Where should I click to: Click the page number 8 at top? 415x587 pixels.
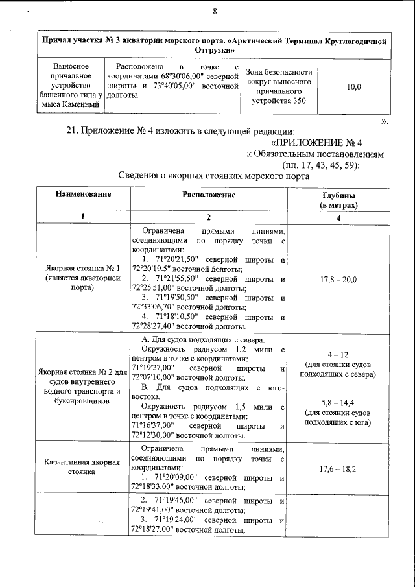[x=214, y=11]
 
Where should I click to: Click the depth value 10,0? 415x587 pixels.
[x=354, y=86]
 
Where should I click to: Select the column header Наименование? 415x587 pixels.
[x=82, y=195]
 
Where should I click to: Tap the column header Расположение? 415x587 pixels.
[x=208, y=195]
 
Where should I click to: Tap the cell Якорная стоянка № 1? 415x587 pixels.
[x=82, y=280]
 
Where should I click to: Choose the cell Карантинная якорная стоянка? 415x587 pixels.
[x=82, y=468]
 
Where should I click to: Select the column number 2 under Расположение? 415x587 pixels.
[x=208, y=217]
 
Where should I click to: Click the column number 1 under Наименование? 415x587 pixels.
[x=82, y=217]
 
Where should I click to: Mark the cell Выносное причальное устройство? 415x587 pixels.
[x=69, y=85]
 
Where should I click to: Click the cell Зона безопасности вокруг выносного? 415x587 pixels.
[x=279, y=86]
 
